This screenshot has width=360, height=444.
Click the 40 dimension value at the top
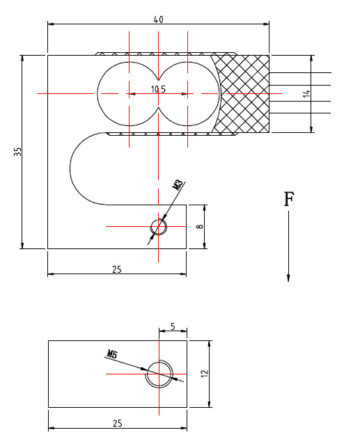[x=158, y=19]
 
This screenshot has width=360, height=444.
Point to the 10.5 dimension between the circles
[x=158, y=90]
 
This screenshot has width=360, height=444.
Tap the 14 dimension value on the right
[x=306, y=93]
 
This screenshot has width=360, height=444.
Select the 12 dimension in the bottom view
[x=204, y=374]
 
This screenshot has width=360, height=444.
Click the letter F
[x=288, y=200]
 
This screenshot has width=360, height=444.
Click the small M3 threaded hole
[x=159, y=226]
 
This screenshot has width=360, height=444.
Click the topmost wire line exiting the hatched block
[x=299, y=73]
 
